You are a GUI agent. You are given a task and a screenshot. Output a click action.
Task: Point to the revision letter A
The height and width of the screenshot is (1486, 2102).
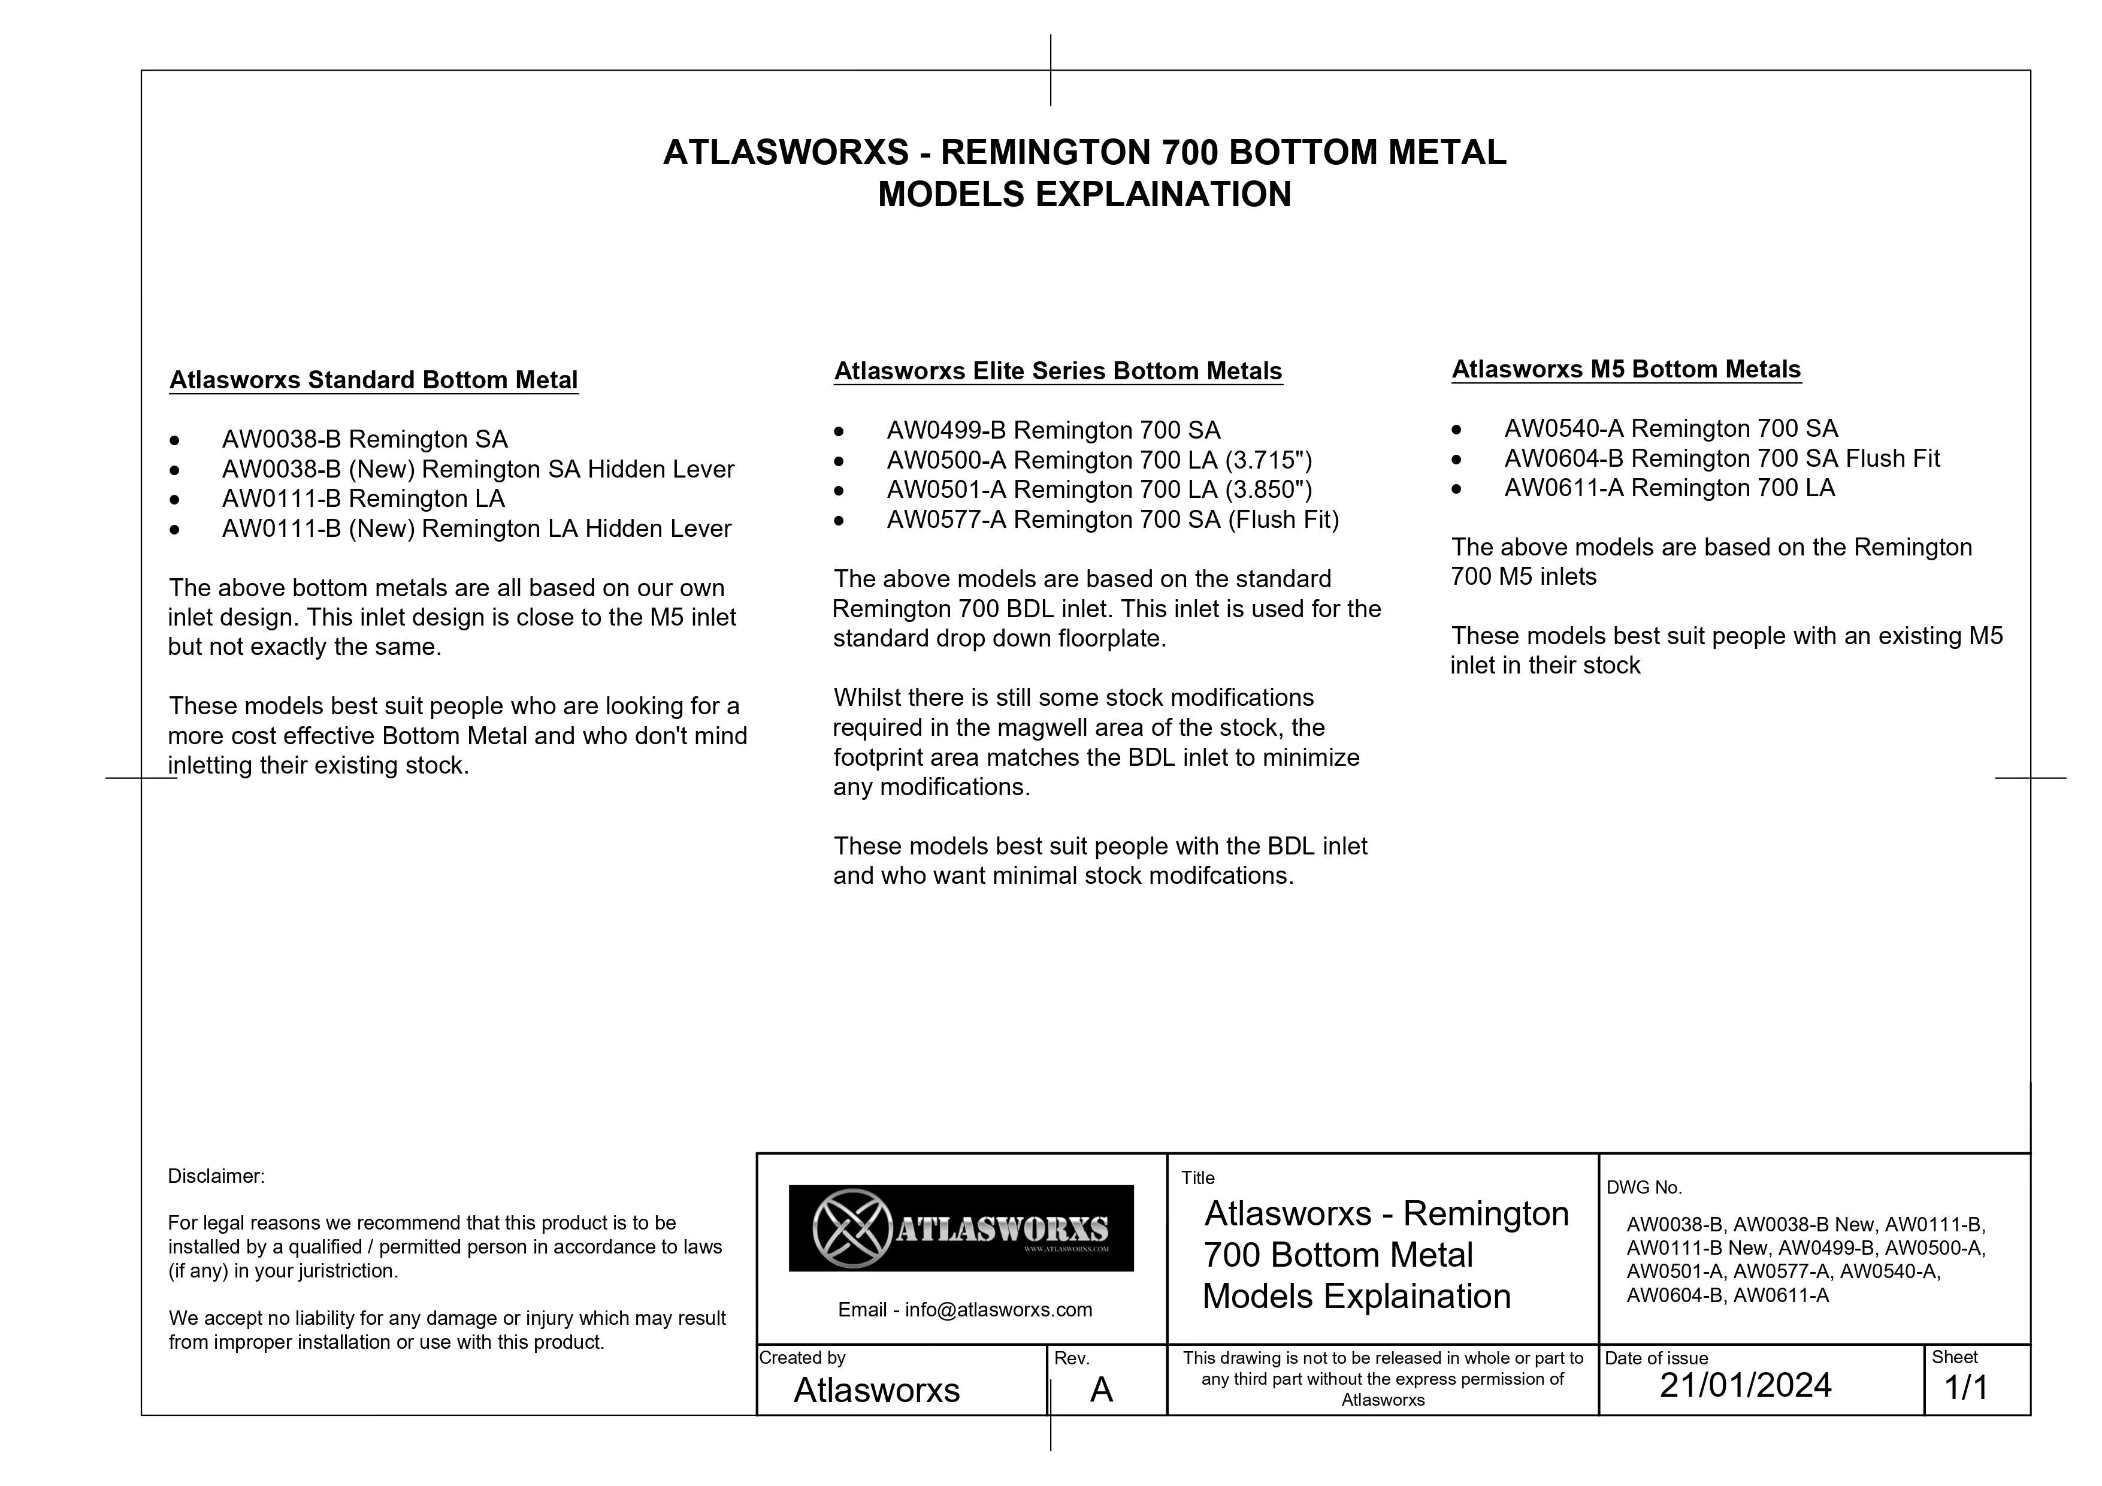coord(1102,1390)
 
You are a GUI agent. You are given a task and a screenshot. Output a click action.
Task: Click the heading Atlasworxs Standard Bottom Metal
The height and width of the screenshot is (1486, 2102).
coord(374,380)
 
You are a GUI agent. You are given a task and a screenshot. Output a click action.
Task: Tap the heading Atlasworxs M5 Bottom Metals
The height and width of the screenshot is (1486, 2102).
coord(1626,369)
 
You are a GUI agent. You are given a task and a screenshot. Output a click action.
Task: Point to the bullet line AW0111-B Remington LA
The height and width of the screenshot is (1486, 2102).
coord(364,499)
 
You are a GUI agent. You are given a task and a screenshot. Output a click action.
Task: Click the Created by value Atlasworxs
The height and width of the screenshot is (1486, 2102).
coord(876,1390)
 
